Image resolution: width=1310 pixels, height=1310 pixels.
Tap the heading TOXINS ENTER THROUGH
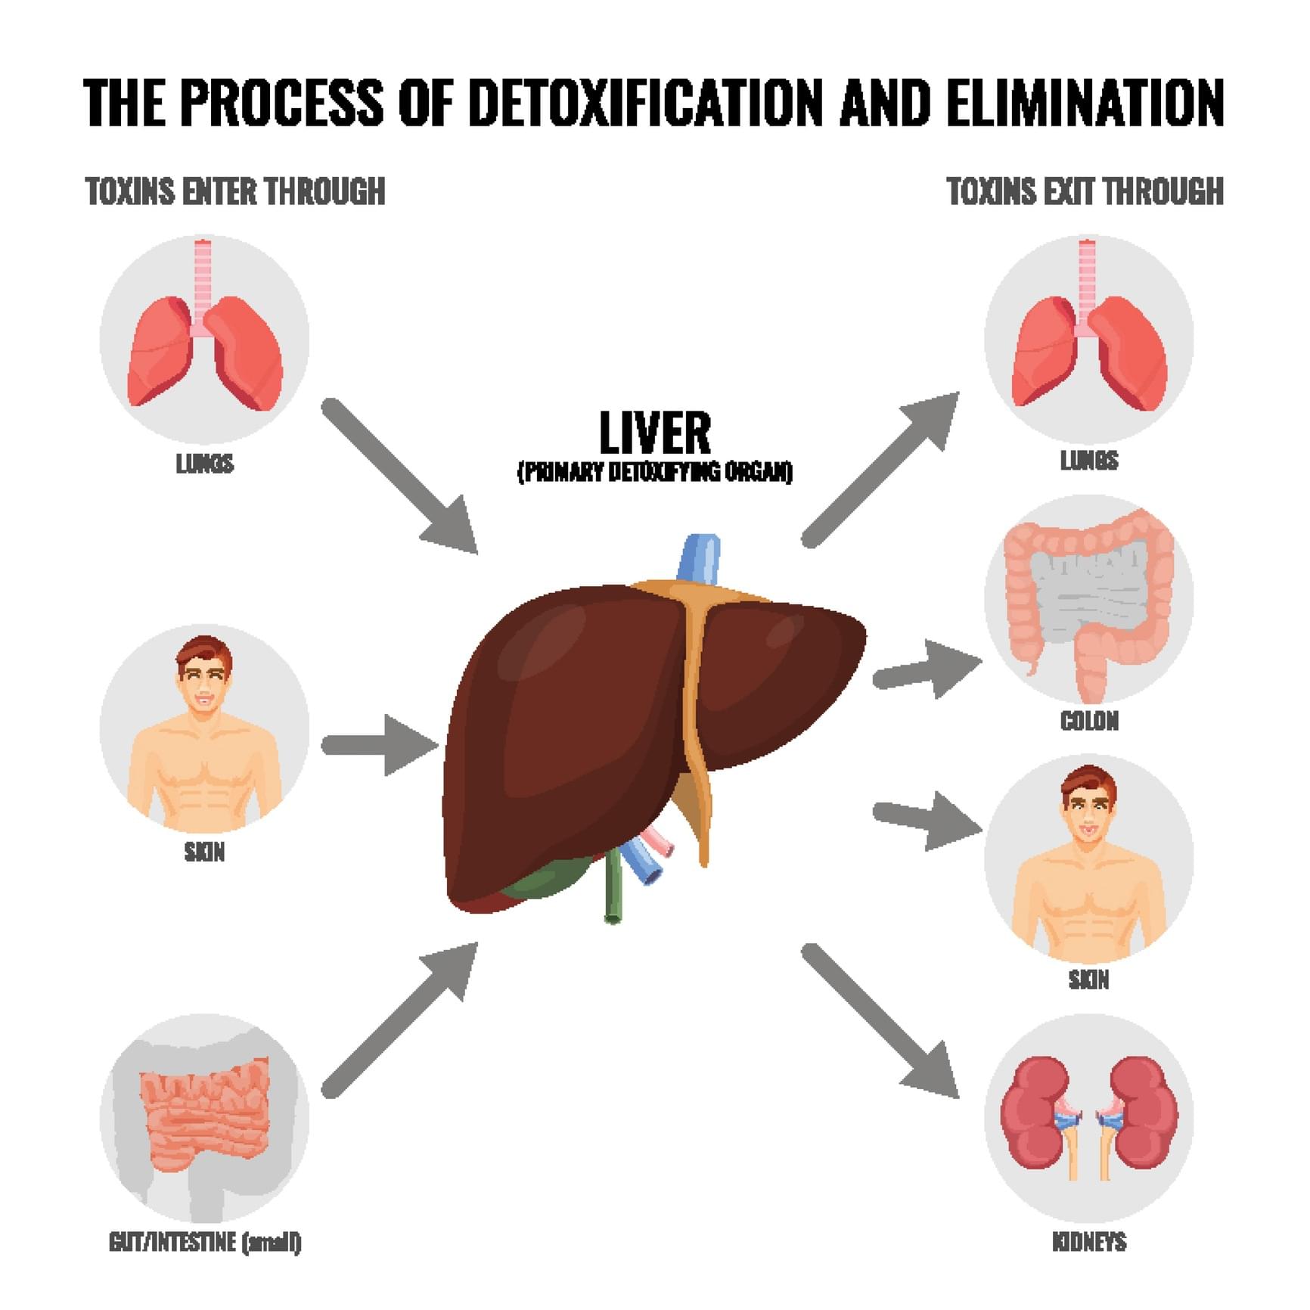coord(235,191)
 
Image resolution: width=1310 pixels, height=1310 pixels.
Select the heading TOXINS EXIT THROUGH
coord(1085,191)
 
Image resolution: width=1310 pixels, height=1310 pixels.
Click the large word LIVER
coord(655,433)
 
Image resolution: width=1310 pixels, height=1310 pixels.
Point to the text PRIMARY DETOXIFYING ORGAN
coord(655,472)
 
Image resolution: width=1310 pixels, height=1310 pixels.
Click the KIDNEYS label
coord(1089,1242)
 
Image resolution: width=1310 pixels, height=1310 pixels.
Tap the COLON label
coord(1089,721)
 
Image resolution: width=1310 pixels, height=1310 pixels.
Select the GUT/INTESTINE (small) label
coord(205,1242)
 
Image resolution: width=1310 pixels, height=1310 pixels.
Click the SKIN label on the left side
coord(204,852)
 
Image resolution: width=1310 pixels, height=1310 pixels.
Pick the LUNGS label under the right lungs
coord(1089,460)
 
